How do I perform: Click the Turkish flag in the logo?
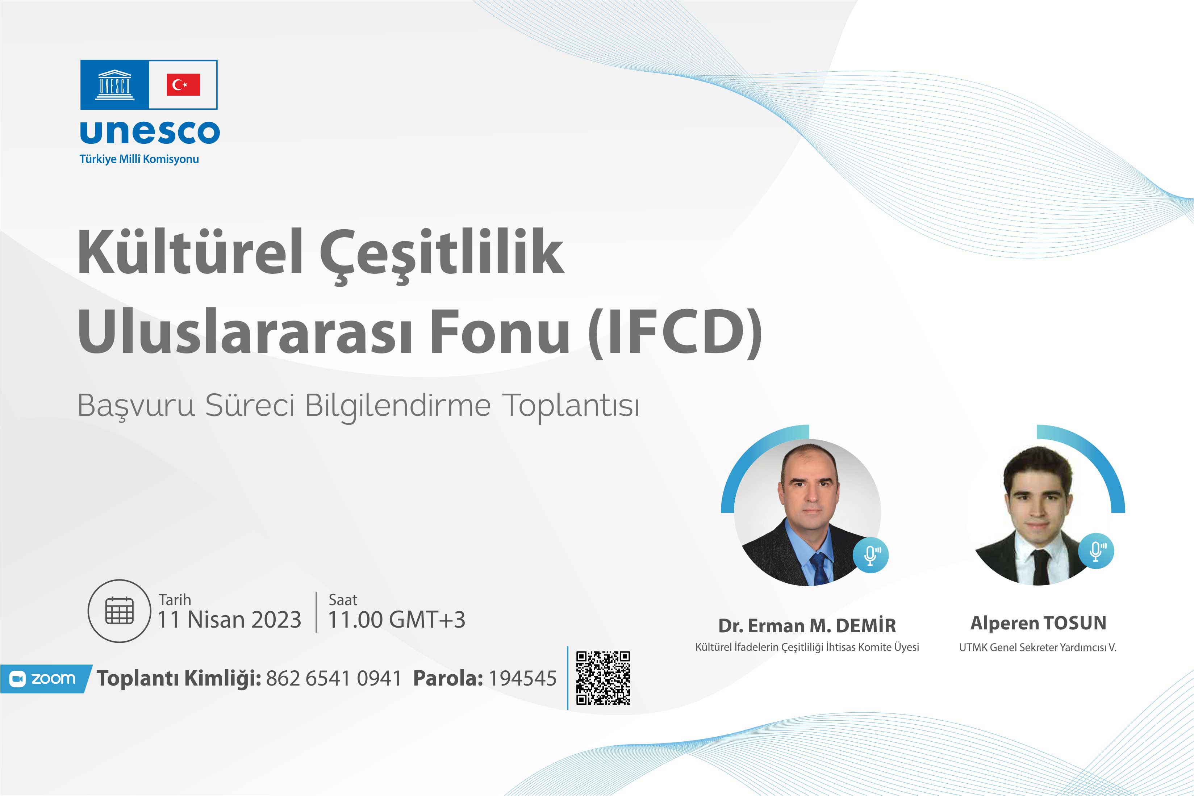(x=183, y=85)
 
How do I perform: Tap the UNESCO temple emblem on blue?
(x=115, y=85)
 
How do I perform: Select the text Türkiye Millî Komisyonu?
(x=139, y=159)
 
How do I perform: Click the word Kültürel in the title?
(x=191, y=252)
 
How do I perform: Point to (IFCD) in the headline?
(x=675, y=332)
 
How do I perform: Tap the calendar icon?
(x=119, y=611)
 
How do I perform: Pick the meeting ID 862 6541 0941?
(x=334, y=679)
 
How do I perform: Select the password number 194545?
(x=522, y=679)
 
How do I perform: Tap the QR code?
(x=603, y=678)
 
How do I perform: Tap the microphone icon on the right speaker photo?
(x=1096, y=551)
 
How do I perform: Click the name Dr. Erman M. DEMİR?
(x=807, y=626)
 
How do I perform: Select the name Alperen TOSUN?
(x=1038, y=623)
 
